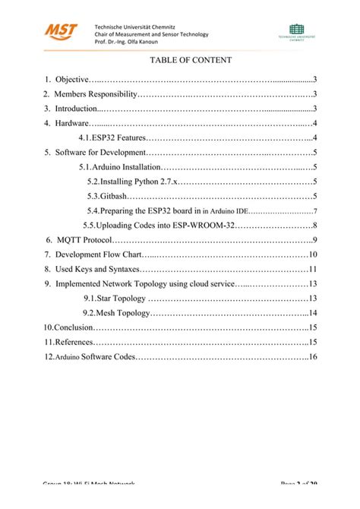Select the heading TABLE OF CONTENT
tap(180, 59)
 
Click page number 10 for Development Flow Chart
tap(312, 254)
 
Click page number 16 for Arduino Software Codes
tap(312, 357)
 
